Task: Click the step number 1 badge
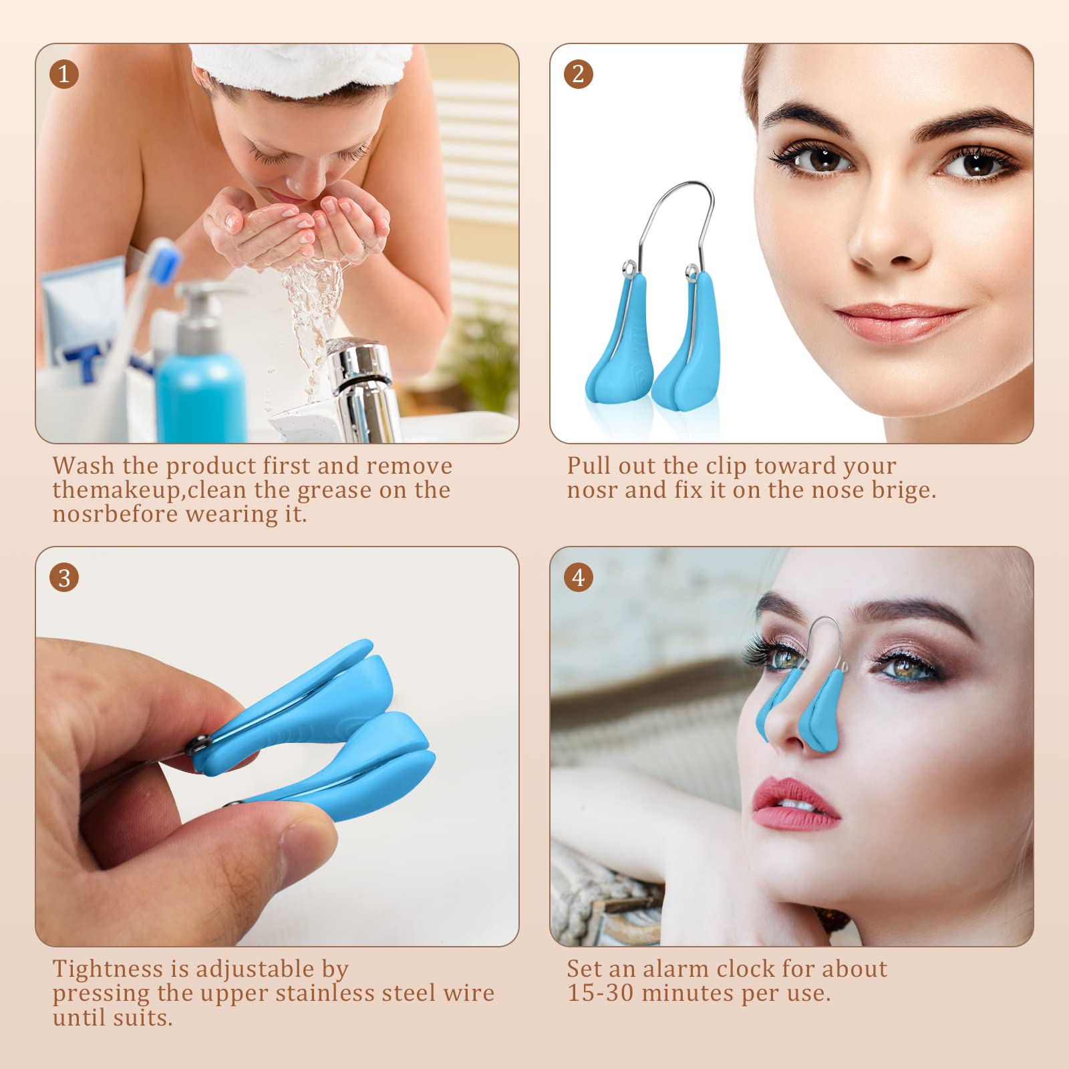tap(64, 74)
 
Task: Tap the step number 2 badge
tap(579, 74)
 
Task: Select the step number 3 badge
tap(64, 578)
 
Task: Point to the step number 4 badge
tap(579, 578)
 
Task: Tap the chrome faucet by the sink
tap(364, 391)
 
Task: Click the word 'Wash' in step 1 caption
tap(84, 466)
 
